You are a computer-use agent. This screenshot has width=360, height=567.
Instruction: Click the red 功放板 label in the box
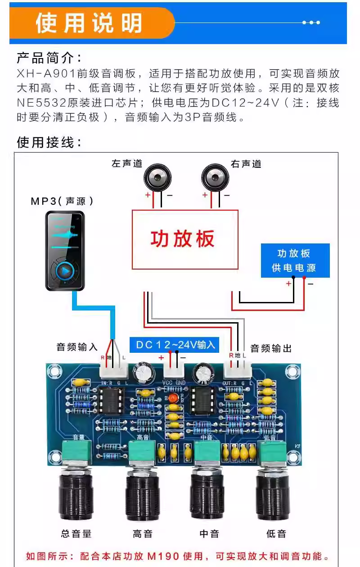(x=183, y=239)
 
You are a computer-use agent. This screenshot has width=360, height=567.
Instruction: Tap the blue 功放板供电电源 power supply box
(x=295, y=261)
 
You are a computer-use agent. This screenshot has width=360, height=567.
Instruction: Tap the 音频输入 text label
(x=77, y=347)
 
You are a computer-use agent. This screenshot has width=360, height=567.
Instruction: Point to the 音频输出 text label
(x=271, y=348)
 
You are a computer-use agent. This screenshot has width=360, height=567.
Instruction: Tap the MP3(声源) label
(x=63, y=201)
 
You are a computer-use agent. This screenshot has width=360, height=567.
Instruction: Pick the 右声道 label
(x=246, y=164)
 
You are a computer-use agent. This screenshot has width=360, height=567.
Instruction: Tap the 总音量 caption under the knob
(x=76, y=534)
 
